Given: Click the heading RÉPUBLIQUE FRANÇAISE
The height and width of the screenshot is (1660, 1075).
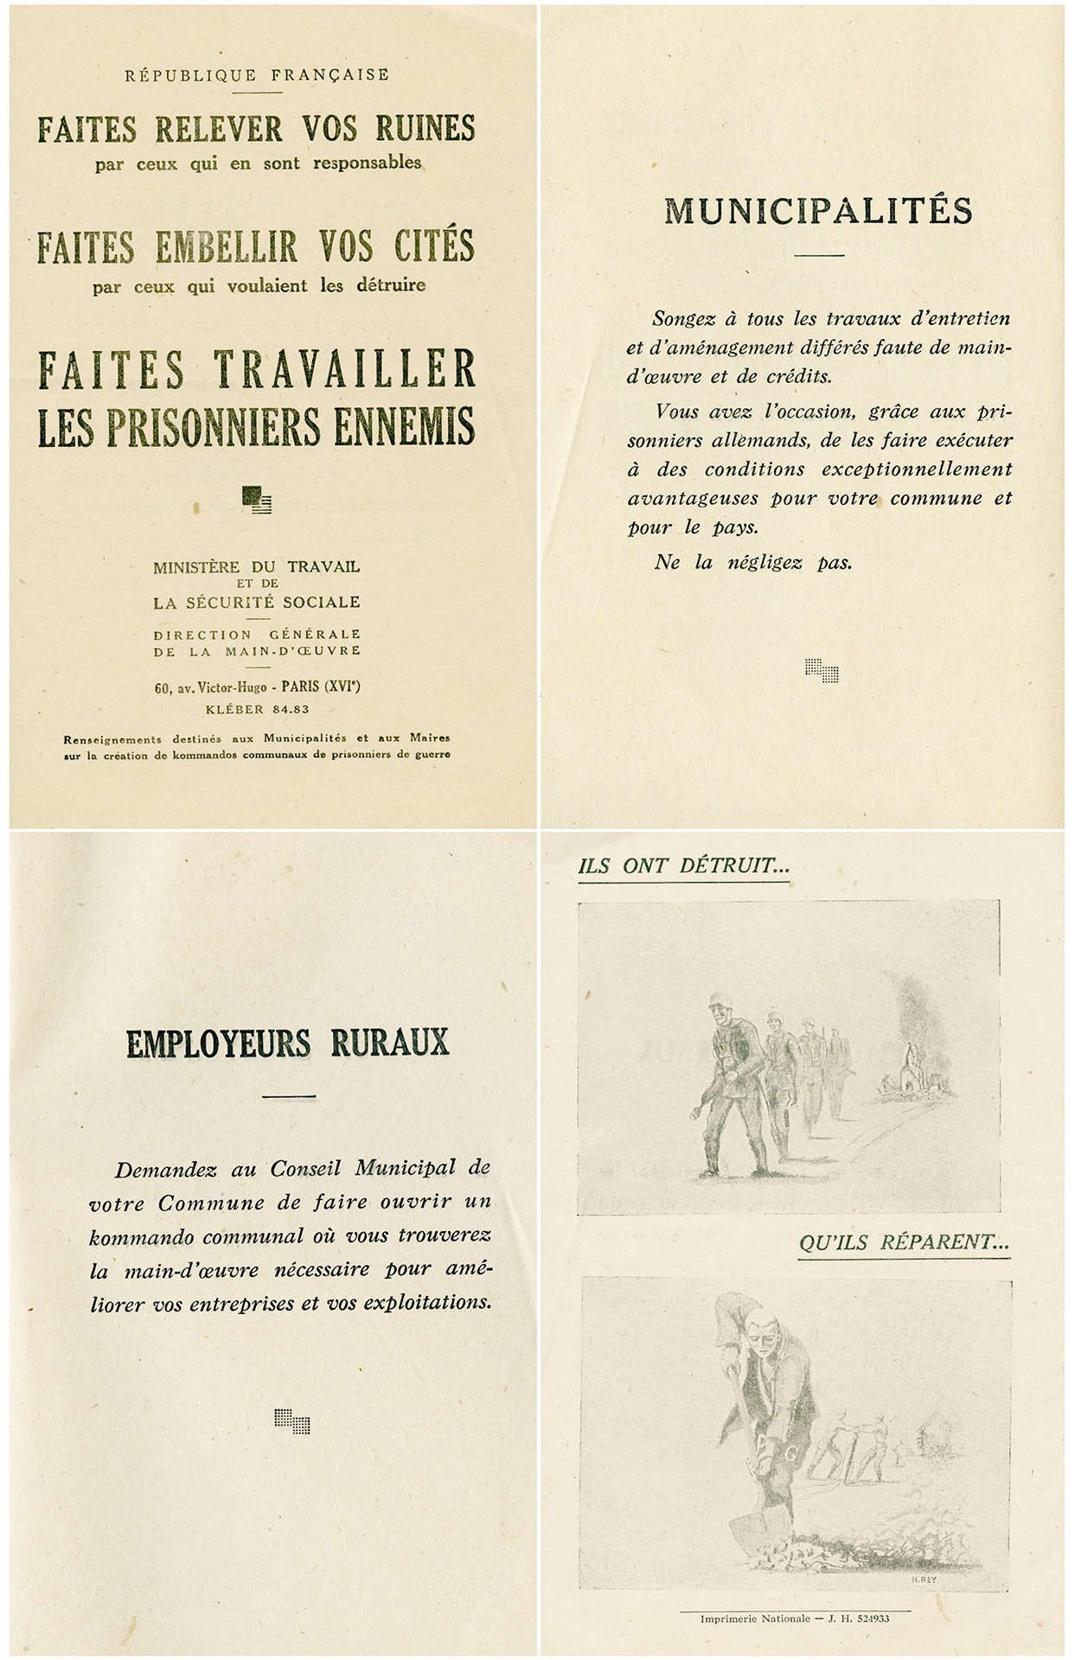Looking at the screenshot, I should point(257,75).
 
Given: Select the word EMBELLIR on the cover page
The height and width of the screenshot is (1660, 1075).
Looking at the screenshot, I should point(227,247).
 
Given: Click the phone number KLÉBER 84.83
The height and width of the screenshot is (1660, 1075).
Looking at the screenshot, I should point(257,709).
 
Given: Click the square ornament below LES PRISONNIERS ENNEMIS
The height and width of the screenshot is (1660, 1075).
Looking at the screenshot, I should point(257,500).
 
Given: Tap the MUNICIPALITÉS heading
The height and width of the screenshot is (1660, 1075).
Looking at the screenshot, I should point(818,211).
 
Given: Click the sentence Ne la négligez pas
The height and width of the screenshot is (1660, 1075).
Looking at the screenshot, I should point(752,562).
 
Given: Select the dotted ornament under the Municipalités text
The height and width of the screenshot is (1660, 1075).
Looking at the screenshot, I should point(821,670).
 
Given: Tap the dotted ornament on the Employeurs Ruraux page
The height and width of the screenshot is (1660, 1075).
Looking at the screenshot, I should point(291,1421).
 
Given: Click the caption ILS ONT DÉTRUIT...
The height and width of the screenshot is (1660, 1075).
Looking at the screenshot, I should point(683,866).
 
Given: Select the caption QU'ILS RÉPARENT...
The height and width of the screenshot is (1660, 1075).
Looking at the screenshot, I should point(904,1243).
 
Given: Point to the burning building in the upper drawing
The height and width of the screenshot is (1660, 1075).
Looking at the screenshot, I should point(909,1059).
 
